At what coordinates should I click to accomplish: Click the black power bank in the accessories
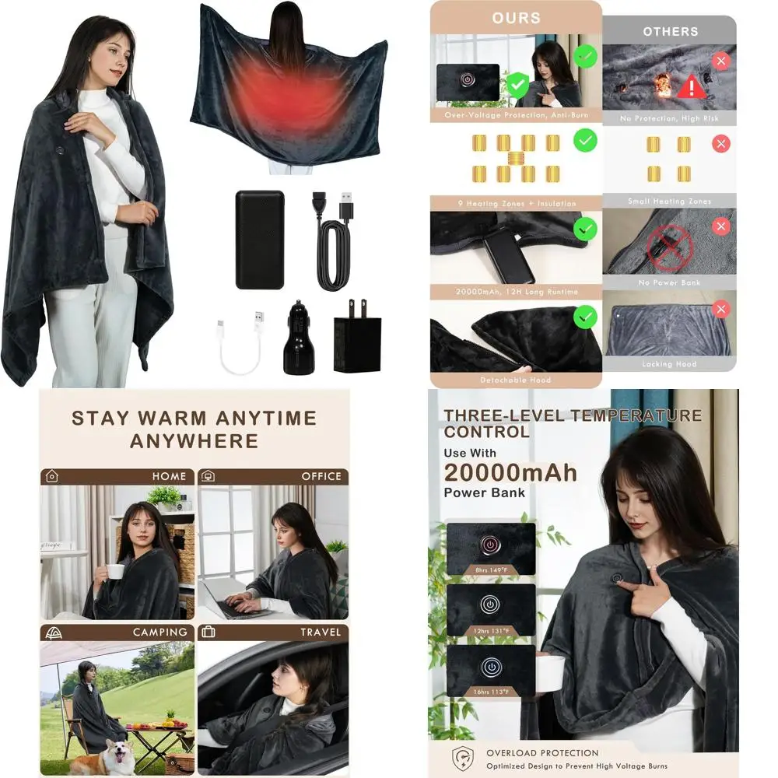click(260, 239)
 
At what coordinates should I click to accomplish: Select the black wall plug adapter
click(357, 341)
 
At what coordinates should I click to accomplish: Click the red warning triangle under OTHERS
click(691, 86)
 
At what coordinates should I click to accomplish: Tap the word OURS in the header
click(516, 18)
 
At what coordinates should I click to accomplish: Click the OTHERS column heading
click(670, 32)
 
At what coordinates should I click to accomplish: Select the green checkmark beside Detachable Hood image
click(585, 317)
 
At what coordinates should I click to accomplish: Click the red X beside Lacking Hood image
click(721, 310)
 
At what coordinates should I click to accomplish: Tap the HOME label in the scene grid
click(169, 476)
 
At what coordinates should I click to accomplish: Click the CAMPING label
click(160, 632)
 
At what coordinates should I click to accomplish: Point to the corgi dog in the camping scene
click(114, 755)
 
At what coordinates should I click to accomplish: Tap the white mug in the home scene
click(115, 571)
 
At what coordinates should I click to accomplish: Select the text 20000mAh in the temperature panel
click(510, 471)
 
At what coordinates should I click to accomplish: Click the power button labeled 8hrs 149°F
click(491, 545)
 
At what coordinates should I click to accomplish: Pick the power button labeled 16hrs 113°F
click(491, 668)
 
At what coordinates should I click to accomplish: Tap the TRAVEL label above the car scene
click(321, 632)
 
